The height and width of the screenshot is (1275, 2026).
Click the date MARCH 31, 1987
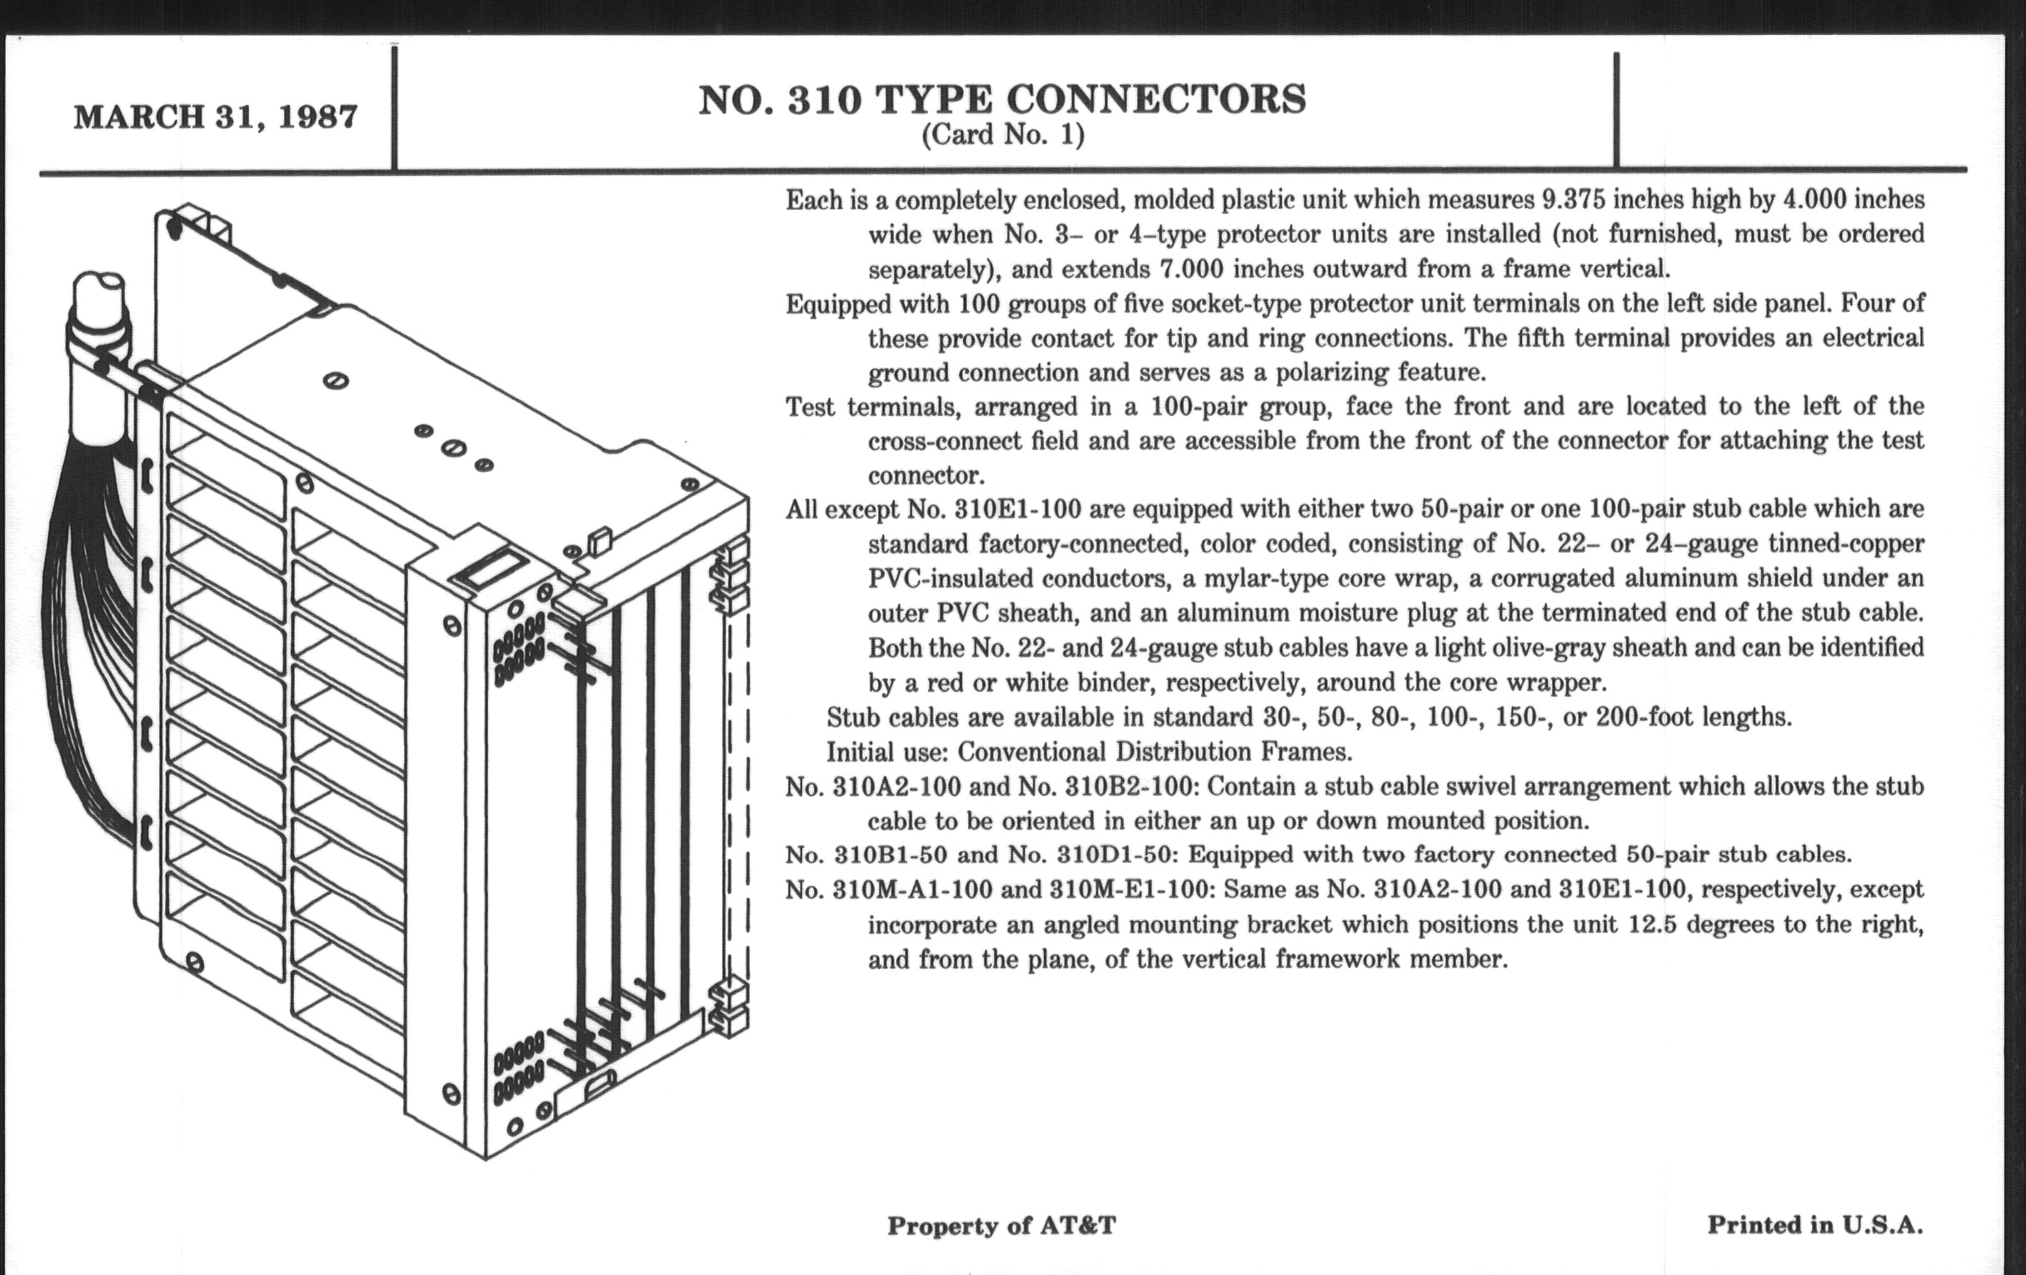tap(216, 116)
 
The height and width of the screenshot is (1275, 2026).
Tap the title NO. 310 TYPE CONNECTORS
tap(1002, 99)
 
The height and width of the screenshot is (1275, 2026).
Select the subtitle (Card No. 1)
tap(1003, 135)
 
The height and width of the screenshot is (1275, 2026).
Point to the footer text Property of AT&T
tap(1001, 1225)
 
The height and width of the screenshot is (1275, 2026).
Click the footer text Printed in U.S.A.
tap(1814, 1224)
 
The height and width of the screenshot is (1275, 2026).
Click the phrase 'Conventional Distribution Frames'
tap(1155, 751)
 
